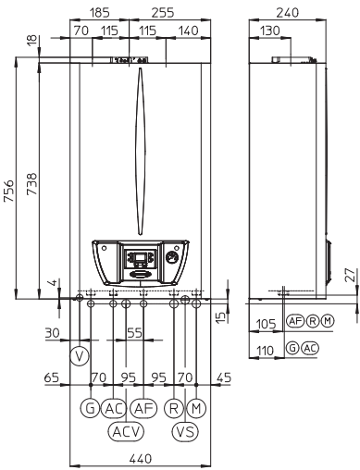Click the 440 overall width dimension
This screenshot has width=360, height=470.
coord(141,459)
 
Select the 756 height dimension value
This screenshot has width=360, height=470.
coord(9,191)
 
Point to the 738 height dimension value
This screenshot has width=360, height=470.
coord(31,184)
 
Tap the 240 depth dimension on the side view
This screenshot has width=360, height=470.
coord(288,13)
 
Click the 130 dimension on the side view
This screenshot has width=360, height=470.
coord(270,31)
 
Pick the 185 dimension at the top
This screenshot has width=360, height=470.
coord(99,13)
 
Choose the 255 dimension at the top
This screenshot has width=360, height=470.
coord(163,13)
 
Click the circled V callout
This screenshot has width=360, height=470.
coord(80,356)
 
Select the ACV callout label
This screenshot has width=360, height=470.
coord(126,431)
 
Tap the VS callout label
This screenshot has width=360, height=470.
coord(185,431)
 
